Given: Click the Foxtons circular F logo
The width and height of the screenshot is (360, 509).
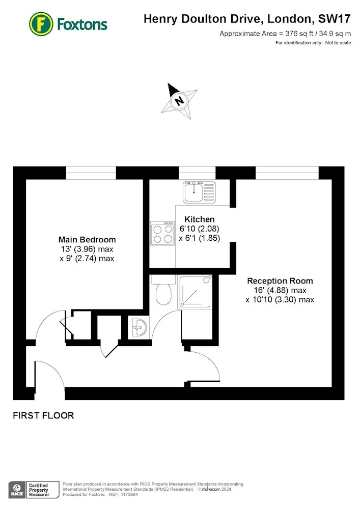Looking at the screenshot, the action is tap(41, 24).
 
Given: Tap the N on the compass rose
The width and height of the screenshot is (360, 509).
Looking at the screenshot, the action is tap(179, 100).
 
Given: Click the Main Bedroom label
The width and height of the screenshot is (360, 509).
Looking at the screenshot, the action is tap(87, 240).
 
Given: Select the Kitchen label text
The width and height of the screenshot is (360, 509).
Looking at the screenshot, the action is tap(199, 219).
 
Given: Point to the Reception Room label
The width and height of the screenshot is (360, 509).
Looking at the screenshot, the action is tap(280, 281).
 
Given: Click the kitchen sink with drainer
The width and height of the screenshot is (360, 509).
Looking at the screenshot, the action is tap(199, 192).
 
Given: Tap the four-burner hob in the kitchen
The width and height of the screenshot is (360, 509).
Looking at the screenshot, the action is tap(162, 234).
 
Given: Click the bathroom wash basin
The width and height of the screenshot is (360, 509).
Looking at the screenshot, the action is tap(140, 327).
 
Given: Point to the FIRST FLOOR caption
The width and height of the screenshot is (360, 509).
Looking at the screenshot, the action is tap(43, 415).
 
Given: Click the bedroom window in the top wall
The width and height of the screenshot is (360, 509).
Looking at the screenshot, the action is tap(91, 173).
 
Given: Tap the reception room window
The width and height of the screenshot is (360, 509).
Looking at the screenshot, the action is tap(287, 173).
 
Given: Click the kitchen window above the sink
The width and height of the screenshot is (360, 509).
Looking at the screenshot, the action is tap(197, 173).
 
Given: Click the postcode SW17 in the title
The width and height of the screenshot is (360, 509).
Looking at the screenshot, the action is tap(335, 19).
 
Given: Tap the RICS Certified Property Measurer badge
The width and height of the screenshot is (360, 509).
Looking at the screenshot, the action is tap(34, 490).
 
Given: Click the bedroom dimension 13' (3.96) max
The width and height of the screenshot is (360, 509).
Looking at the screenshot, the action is tap(87, 249).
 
